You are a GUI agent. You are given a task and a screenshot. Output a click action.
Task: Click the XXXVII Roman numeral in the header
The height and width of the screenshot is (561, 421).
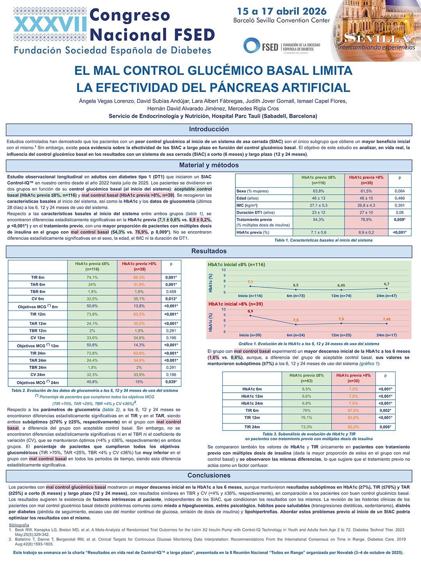(x=50, y=24)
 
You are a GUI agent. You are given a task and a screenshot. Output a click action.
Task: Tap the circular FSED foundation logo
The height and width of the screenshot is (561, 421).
(x=251, y=46)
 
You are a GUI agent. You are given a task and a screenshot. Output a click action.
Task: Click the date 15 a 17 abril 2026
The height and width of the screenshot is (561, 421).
(x=282, y=11)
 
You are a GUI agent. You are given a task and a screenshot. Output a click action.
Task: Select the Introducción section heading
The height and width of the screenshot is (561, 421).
(x=209, y=129)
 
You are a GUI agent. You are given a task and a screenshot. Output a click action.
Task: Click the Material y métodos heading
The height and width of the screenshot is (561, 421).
(x=209, y=165)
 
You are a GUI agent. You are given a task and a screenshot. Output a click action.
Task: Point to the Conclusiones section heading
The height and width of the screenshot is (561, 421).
(x=209, y=475)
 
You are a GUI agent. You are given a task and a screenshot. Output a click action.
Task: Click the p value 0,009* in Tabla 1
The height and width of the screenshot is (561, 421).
(x=400, y=220)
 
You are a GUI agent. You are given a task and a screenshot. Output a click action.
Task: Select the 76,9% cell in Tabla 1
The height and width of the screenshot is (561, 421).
(x=366, y=220)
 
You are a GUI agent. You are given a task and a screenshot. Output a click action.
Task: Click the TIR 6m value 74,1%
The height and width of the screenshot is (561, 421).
(x=92, y=277)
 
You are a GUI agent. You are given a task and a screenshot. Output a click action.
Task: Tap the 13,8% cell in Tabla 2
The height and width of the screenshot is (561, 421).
(x=139, y=306)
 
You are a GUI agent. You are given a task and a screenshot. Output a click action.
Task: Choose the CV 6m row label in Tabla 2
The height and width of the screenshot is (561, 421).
(x=37, y=299)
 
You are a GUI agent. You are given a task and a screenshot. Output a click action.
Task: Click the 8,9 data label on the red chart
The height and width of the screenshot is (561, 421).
(x=250, y=311)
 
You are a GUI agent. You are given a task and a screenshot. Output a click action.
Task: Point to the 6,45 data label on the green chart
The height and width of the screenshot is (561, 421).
(x=341, y=285)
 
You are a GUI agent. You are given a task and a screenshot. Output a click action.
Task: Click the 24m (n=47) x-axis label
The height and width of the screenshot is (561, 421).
(x=386, y=296)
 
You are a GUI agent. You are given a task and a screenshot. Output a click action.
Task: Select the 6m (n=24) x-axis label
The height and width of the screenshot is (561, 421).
(x=295, y=335)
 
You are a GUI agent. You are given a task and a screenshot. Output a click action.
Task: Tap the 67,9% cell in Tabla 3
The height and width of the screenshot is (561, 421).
(x=354, y=411)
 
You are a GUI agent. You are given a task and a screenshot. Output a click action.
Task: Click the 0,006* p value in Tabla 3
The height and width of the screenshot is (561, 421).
(x=385, y=427)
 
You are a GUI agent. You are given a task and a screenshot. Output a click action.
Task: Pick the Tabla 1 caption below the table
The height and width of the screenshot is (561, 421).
(x=323, y=240)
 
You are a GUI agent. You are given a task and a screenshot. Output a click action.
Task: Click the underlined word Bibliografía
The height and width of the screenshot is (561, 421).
(x=19, y=525)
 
